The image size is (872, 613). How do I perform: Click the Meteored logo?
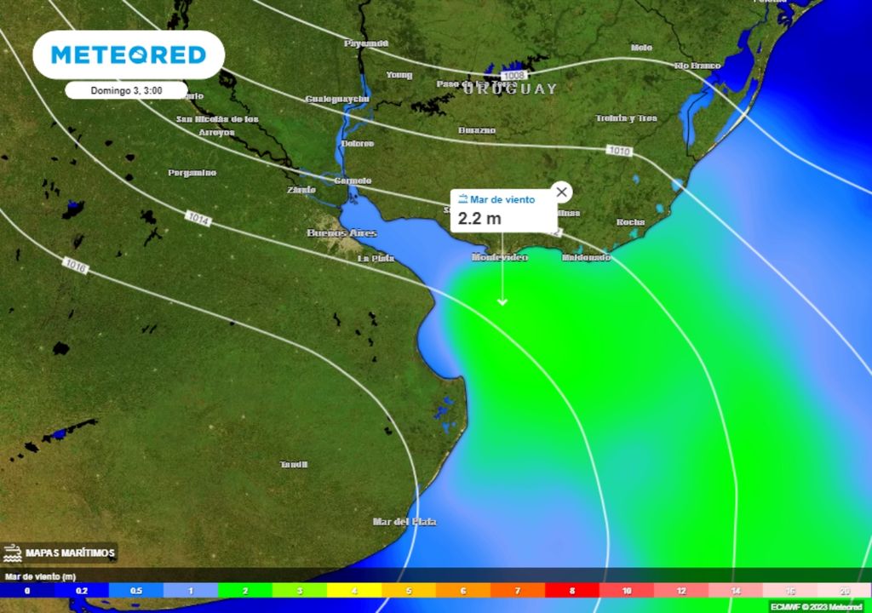pyautogui.click(x=129, y=55)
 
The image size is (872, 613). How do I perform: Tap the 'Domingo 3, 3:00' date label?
pyautogui.click(x=126, y=89)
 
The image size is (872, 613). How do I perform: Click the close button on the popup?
pyautogui.click(x=560, y=192)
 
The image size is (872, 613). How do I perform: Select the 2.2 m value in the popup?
pyautogui.click(x=479, y=219)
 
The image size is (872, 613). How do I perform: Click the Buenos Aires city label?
pyautogui.click(x=341, y=232)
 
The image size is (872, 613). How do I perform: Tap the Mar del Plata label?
pyautogui.click(x=404, y=521)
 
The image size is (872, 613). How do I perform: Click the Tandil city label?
pyautogui.click(x=294, y=464)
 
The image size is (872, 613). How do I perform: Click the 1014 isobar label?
pyautogui.click(x=198, y=219)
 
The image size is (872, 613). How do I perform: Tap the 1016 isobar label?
pyautogui.click(x=75, y=266)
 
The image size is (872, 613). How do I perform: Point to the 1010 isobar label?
pyautogui.click(x=619, y=151)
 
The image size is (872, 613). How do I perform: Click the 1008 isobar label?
pyautogui.click(x=513, y=76)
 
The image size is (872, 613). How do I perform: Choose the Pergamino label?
pyautogui.click(x=192, y=173)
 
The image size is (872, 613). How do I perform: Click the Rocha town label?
pyautogui.click(x=631, y=222)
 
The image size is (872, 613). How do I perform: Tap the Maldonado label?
pyautogui.click(x=586, y=257)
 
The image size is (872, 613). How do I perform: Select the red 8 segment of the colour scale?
pyautogui.click(x=572, y=590)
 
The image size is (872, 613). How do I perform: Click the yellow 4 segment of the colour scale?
pyautogui.click(x=354, y=590)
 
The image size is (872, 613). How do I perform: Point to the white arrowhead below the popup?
pyautogui.click(x=502, y=301)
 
